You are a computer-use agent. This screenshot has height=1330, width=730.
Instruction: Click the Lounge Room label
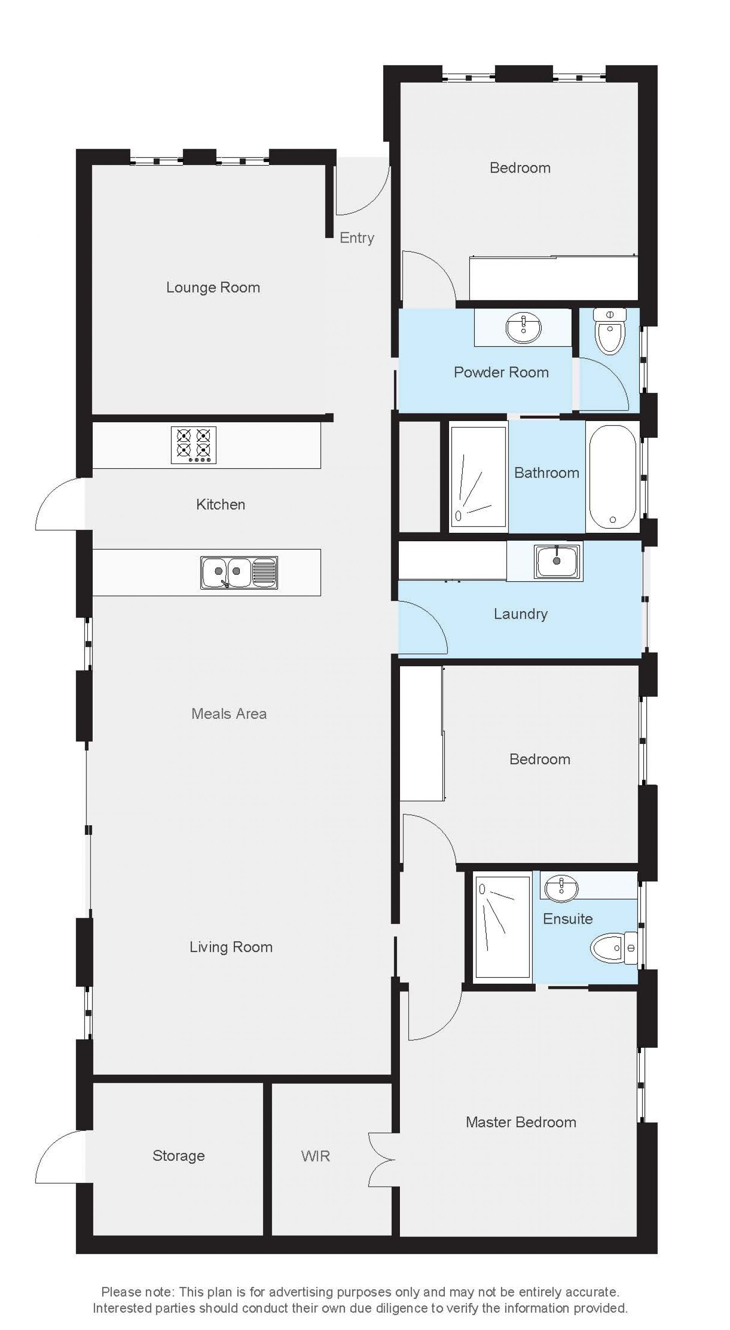pyautogui.click(x=213, y=288)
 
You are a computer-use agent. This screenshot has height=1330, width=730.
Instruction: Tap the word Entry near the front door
pyautogui.click(x=357, y=238)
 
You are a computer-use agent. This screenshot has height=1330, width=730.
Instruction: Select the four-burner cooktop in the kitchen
pyautogui.click(x=194, y=445)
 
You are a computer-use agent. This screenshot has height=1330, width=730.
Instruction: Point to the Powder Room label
pyautogui.click(x=501, y=372)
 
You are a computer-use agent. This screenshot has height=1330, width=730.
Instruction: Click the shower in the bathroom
pyautogui.click(x=478, y=477)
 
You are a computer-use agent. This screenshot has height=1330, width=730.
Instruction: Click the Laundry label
pyautogui.click(x=521, y=614)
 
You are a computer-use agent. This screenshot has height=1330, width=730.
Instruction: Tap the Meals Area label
pyautogui.click(x=229, y=713)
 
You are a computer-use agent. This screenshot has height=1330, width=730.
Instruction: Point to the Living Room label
pyautogui.click(x=231, y=947)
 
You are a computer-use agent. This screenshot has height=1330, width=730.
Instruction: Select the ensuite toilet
pyautogui.click(x=614, y=947)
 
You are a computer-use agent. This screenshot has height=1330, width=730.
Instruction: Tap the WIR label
pyautogui.click(x=316, y=1156)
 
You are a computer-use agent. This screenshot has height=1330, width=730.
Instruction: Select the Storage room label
pyautogui.click(x=179, y=1155)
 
